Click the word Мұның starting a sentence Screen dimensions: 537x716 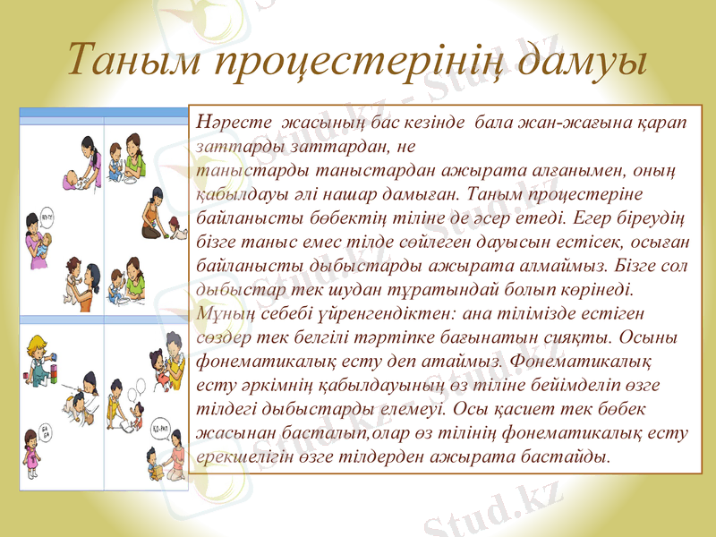220,313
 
